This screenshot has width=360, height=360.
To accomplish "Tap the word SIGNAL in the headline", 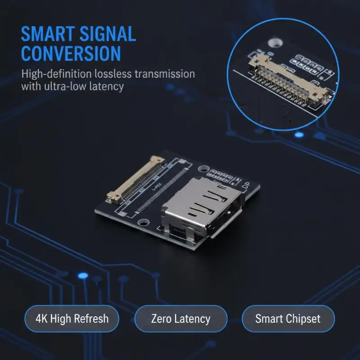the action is click(108, 34).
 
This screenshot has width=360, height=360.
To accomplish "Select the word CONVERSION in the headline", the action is click(71, 53).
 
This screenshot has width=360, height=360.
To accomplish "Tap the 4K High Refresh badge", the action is click(72, 319).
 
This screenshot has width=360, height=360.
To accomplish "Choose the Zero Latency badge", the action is click(181, 319).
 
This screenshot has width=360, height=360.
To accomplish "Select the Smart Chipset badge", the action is click(288, 319).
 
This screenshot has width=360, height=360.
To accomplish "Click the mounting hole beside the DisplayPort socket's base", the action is click(144, 222).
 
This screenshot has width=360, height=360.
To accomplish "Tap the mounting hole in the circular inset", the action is click(275, 42).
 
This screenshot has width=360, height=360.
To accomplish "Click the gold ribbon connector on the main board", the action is click(135, 180).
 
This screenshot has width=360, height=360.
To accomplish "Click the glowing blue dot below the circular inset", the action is click(299, 135).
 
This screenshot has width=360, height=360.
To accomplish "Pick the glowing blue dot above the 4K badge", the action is click(83, 276).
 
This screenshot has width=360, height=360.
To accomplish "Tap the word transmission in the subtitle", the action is click(165, 74).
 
